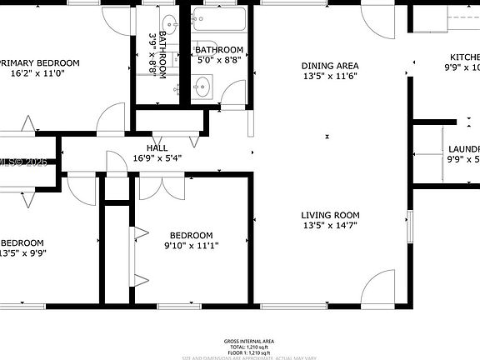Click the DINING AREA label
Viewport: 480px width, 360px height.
click(x=330, y=66)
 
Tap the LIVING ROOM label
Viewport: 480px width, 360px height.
click(x=330, y=215)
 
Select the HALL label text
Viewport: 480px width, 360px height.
click(x=157, y=147)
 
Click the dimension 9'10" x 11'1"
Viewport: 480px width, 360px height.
click(x=191, y=245)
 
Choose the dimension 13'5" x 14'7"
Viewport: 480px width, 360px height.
click(x=330, y=226)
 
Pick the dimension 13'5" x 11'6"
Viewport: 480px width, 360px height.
click(x=330, y=76)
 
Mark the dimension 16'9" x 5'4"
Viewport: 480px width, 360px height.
click(x=157, y=157)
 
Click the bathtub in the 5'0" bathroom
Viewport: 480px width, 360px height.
click(x=217, y=19)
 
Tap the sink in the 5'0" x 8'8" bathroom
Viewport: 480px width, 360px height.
click(x=202, y=86)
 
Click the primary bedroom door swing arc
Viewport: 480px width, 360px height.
click(x=110, y=121)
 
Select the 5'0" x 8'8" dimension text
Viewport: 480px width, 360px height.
click(x=219, y=60)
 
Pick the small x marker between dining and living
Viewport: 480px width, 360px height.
click(x=328, y=135)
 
